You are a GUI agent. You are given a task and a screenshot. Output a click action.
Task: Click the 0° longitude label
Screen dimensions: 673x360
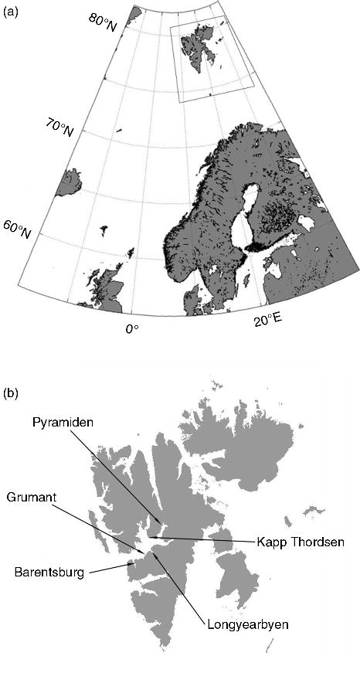coord(132,329)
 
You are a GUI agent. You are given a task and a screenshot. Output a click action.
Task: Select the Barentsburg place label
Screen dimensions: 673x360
coord(48,573)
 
